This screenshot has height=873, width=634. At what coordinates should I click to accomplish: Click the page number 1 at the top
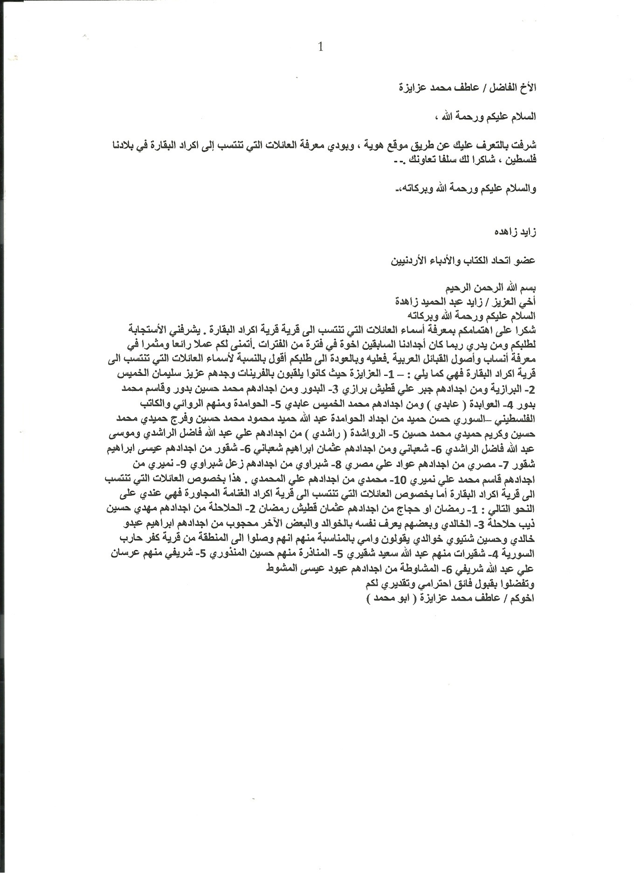point(319,47)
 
